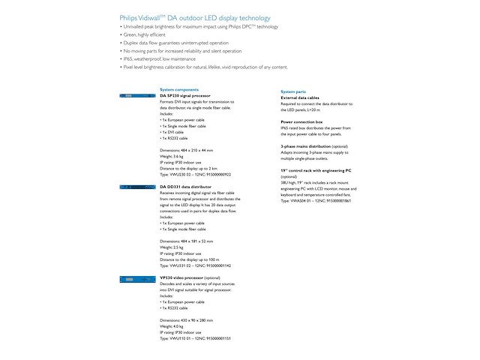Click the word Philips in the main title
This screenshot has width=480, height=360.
click(130, 18)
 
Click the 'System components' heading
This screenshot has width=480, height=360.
click(178, 89)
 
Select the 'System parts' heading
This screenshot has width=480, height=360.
click(293, 91)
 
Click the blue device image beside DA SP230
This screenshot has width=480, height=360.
click(136, 96)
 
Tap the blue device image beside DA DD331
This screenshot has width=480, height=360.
click(136, 187)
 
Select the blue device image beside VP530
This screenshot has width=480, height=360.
click(136, 278)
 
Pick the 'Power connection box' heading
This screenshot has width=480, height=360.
click(301, 121)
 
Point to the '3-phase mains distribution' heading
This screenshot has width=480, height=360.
click(313, 145)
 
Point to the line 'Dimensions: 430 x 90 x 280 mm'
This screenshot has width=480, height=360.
click(186, 320)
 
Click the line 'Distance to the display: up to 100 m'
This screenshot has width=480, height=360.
click(193, 259)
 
